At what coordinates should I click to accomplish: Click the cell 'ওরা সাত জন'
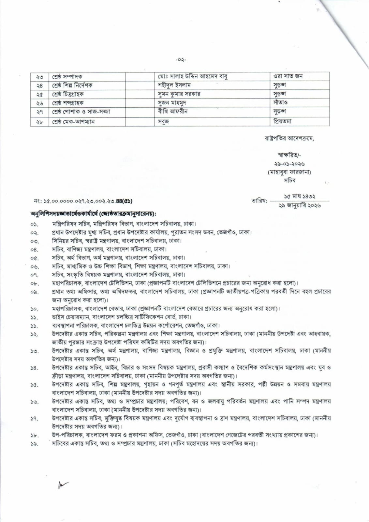(x=288, y=76)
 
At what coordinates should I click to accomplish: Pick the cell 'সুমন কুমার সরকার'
(x=179, y=94)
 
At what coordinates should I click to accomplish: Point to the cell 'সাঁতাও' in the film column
(x=280, y=102)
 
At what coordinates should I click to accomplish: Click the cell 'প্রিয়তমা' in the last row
(x=282, y=121)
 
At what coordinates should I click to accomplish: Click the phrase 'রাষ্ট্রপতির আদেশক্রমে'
(x=289, y=138)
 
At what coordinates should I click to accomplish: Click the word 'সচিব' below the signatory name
(x=289, y=180)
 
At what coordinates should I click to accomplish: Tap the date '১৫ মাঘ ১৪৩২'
(x=299, y=197)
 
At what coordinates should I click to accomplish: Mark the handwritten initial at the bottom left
(x=62, y=486)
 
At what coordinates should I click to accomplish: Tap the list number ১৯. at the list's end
(x=35, y=444)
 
